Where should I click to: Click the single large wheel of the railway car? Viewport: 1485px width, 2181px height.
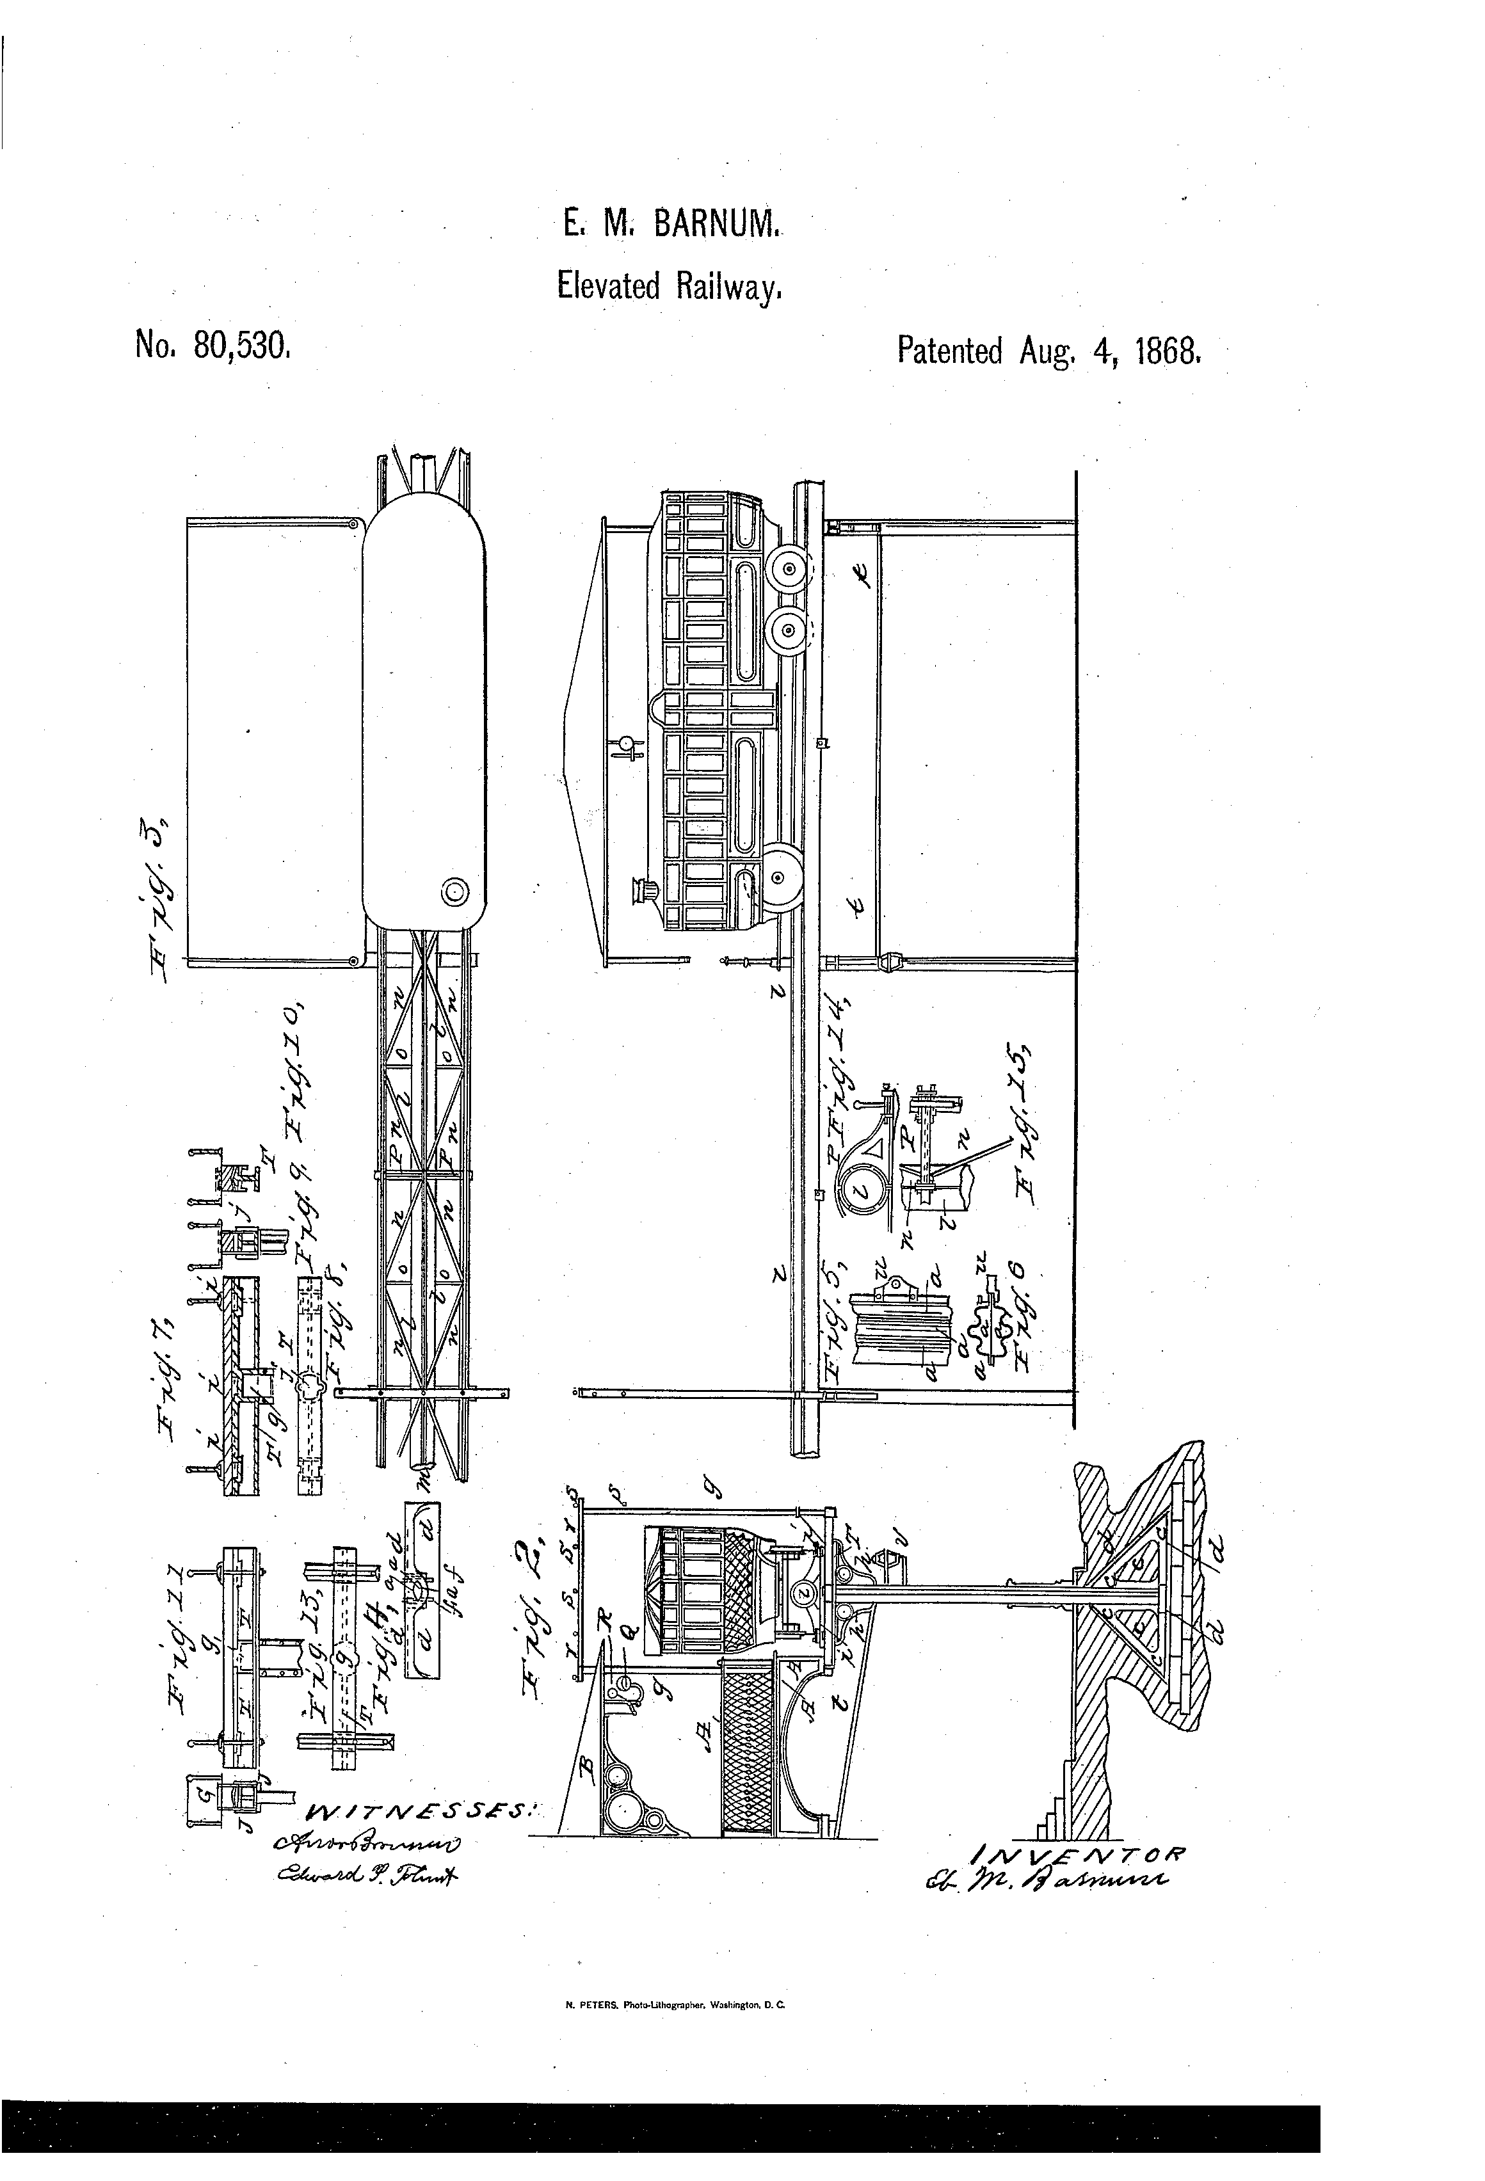pos(777,877)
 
